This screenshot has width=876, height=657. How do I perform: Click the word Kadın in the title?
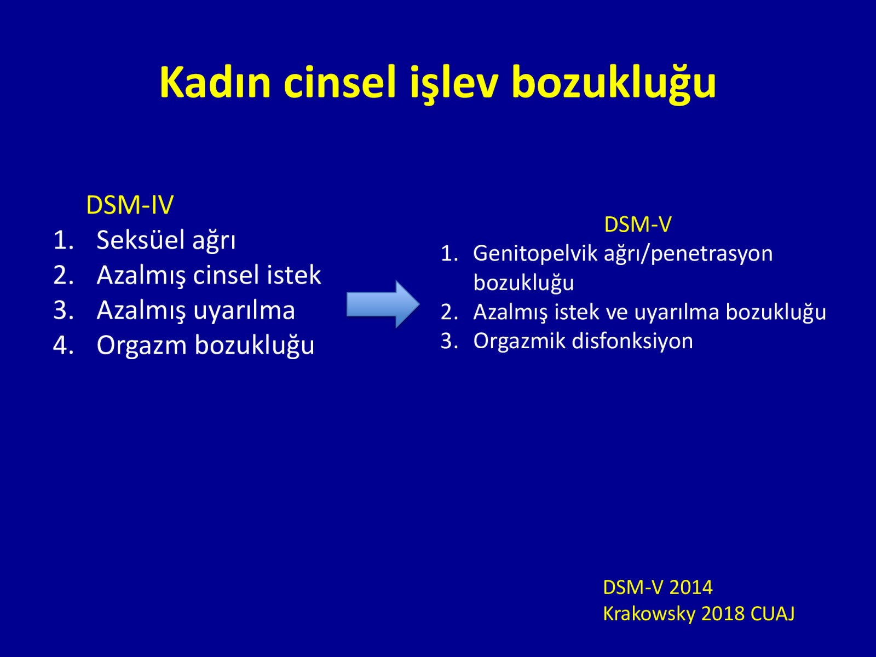point(215,82)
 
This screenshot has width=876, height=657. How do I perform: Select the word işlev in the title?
point(454,84)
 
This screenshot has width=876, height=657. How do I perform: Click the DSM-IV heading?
point(130,205)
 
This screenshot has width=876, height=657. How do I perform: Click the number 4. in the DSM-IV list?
point(64,345)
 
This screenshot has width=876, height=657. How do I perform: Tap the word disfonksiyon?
point(632,342)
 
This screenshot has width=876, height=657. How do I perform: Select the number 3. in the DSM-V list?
point(449,342)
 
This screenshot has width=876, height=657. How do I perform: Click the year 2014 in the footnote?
point(691,587)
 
